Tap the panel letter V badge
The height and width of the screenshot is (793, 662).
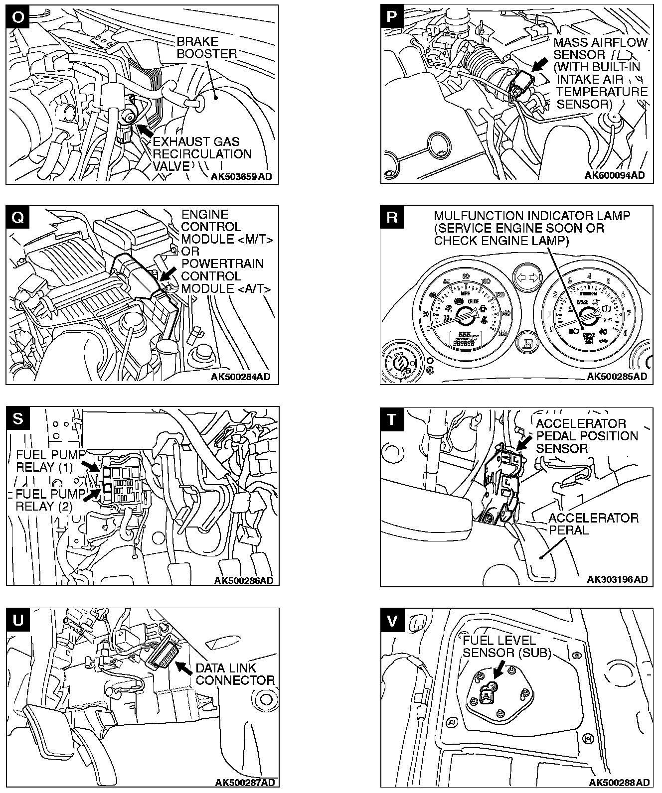coord(392,620)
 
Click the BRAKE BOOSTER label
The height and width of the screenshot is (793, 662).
coord(206,48)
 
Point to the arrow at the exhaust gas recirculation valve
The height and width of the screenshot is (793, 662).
coord(145,131)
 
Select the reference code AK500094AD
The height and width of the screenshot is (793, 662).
coord(614,175)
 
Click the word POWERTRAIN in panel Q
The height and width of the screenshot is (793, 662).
coord(222,264)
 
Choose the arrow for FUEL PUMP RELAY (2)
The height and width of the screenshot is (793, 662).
coord(91,495)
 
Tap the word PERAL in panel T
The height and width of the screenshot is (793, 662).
coord(568,530)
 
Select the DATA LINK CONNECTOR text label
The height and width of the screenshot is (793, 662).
coord(235,674)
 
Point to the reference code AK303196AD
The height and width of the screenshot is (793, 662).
coord(617,579)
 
